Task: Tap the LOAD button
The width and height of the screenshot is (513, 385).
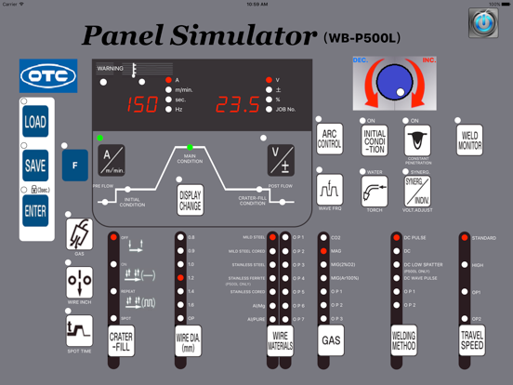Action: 35,122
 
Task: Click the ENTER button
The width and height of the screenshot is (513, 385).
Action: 35,211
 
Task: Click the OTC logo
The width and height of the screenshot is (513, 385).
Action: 48,76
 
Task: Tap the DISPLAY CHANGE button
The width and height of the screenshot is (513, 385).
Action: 190,200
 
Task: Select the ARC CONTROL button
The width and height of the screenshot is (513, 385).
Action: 330,140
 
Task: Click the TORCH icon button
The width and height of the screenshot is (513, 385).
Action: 375,192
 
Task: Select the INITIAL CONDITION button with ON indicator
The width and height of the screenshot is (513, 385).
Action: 375,140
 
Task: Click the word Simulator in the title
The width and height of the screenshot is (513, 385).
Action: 244,36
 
